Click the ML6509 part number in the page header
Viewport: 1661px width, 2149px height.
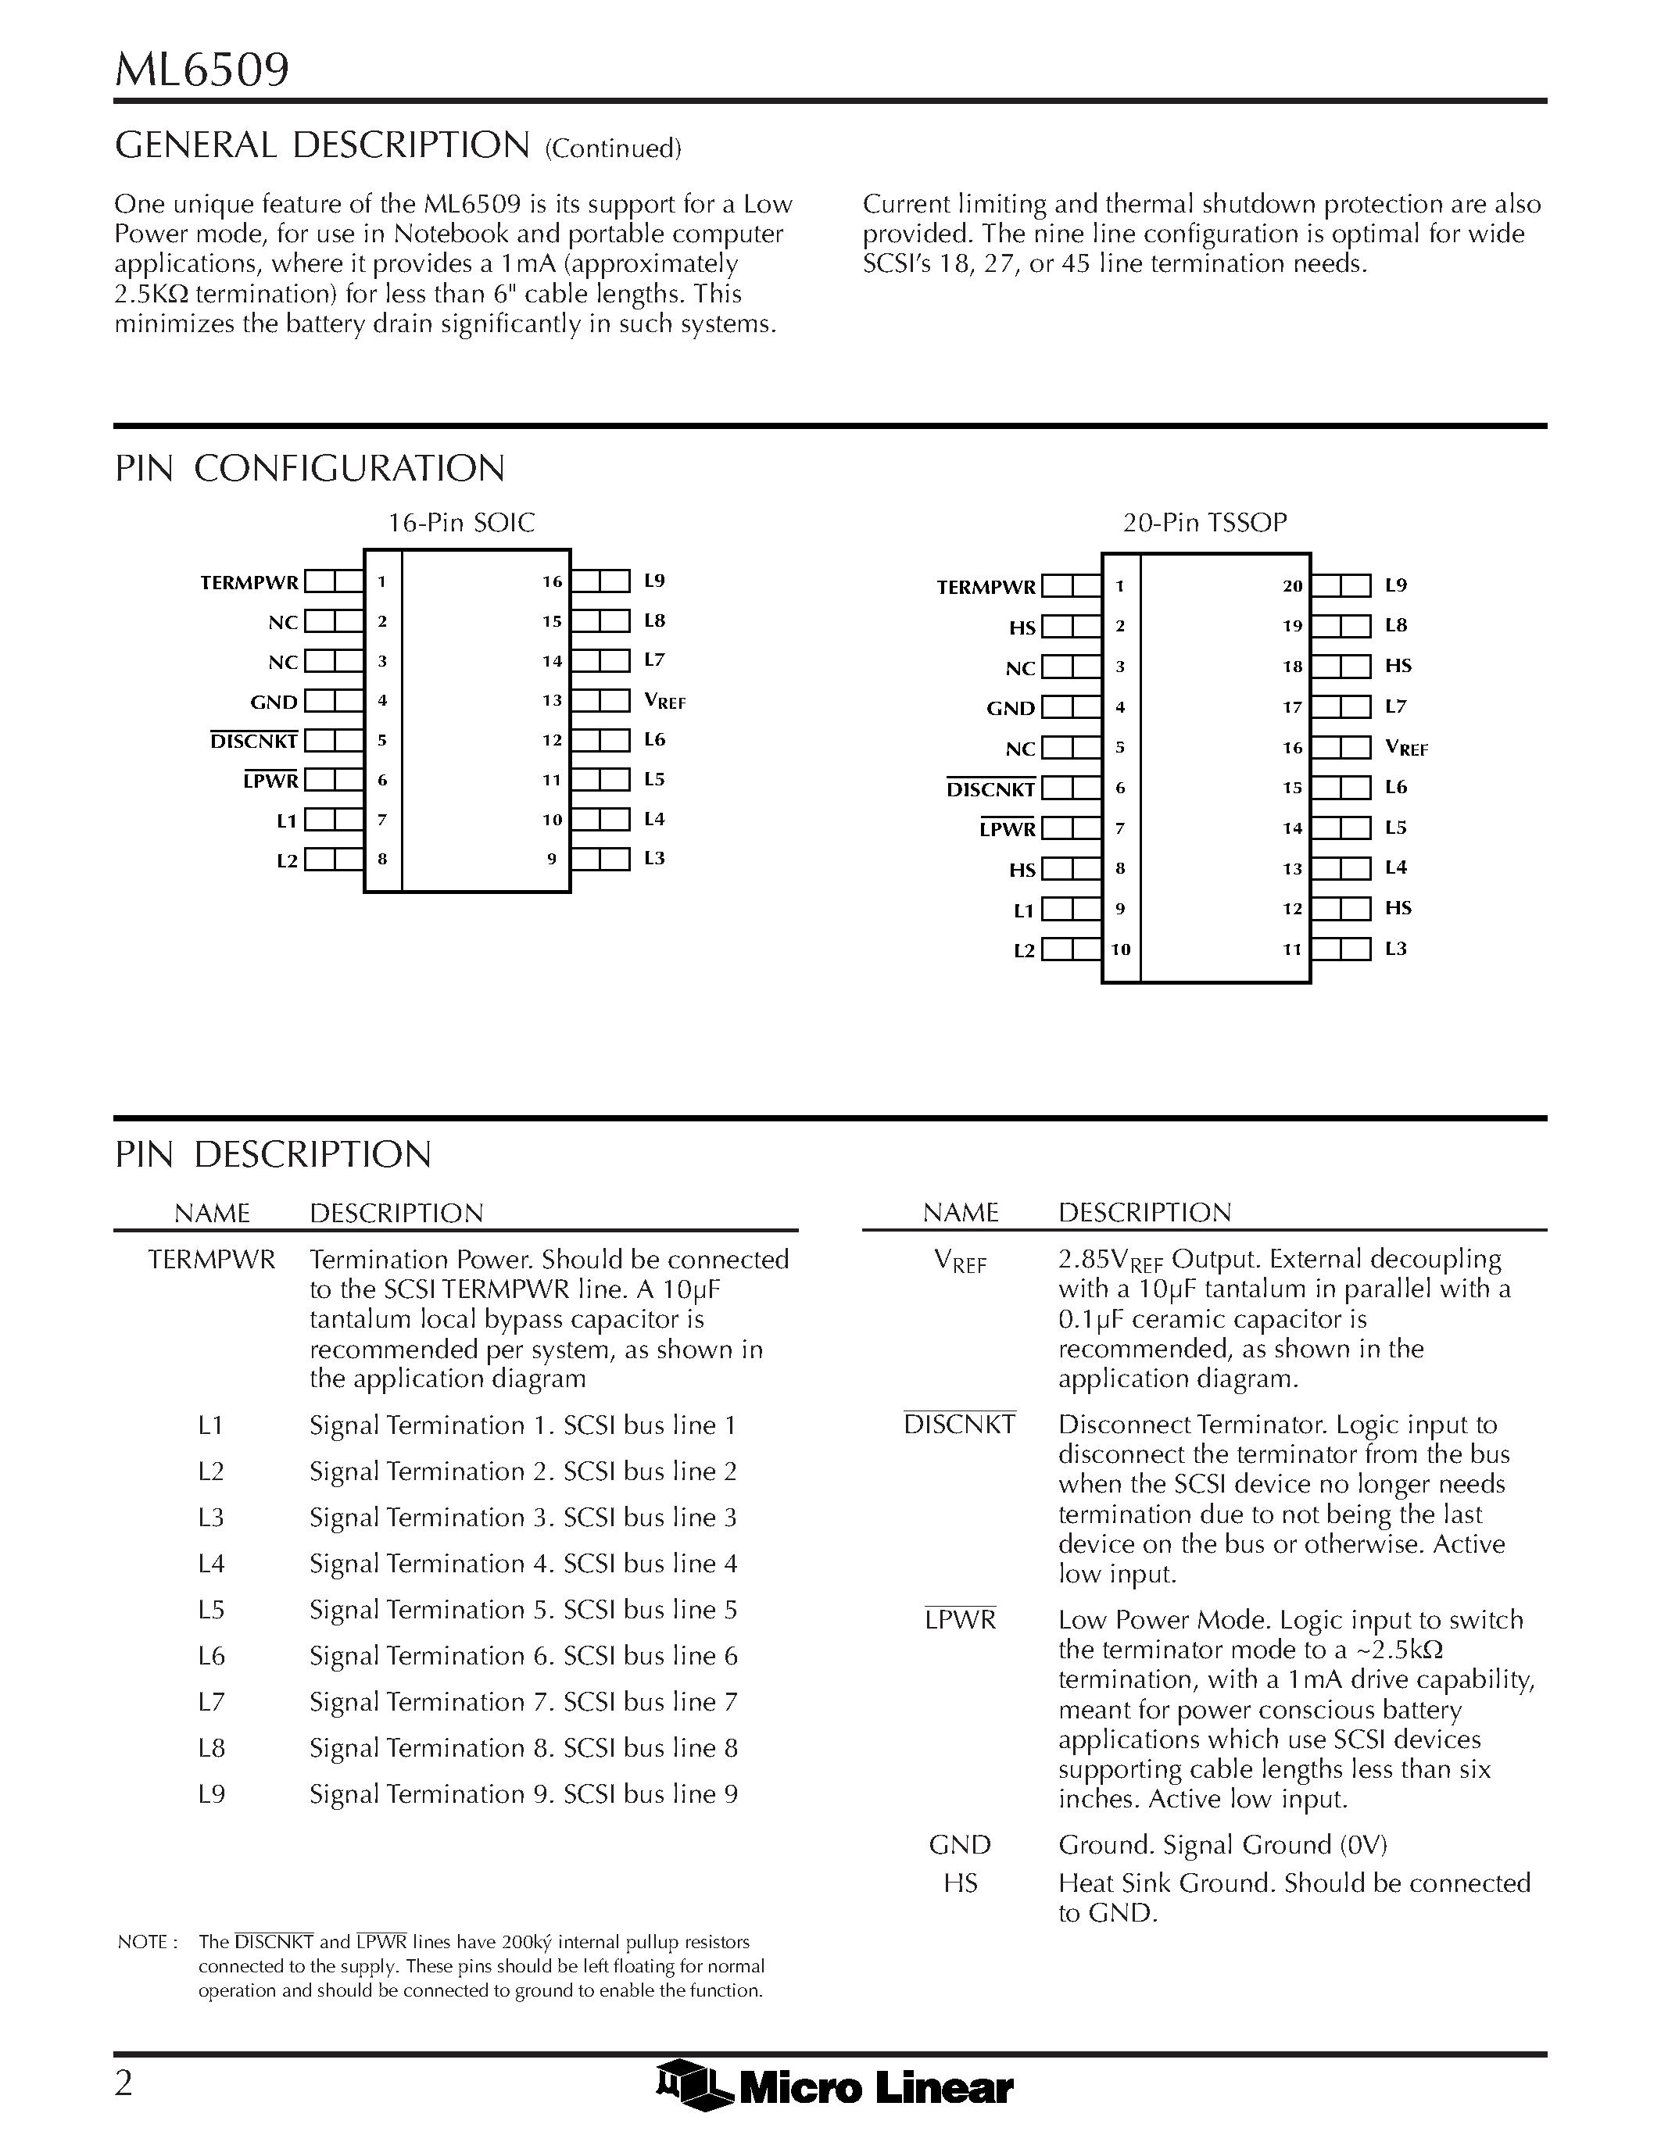click(x=202, y=71)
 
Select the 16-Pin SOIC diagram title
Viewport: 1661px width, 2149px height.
click(x=461, y=523)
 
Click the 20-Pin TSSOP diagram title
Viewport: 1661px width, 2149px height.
click(x=1205, y=523)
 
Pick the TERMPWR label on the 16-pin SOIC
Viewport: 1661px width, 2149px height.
click(x=249, y=582)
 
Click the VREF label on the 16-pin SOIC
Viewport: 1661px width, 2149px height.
click(x=664, y=702)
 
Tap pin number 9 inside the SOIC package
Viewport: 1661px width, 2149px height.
click(x=552, y=859)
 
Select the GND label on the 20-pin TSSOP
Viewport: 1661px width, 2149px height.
click(x=1011, y=709)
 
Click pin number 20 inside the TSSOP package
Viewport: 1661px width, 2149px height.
click(x=1292, y=586)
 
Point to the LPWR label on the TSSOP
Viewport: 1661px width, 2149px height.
click(x=1008, y=829)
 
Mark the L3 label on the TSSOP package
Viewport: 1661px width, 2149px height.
click(x=1395, y=949)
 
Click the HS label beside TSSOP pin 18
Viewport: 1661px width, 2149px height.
click(x=1398, y=666)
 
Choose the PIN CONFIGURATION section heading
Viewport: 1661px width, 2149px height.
click(x=310, y=468)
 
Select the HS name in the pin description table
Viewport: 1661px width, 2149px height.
click(x=961, y=1883)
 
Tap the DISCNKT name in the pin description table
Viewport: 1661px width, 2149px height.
click(x=959, y=1425)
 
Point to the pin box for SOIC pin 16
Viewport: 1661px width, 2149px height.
click(x=600, y=581)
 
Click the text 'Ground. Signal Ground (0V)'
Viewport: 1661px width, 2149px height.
click(x=1222, y=1845)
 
